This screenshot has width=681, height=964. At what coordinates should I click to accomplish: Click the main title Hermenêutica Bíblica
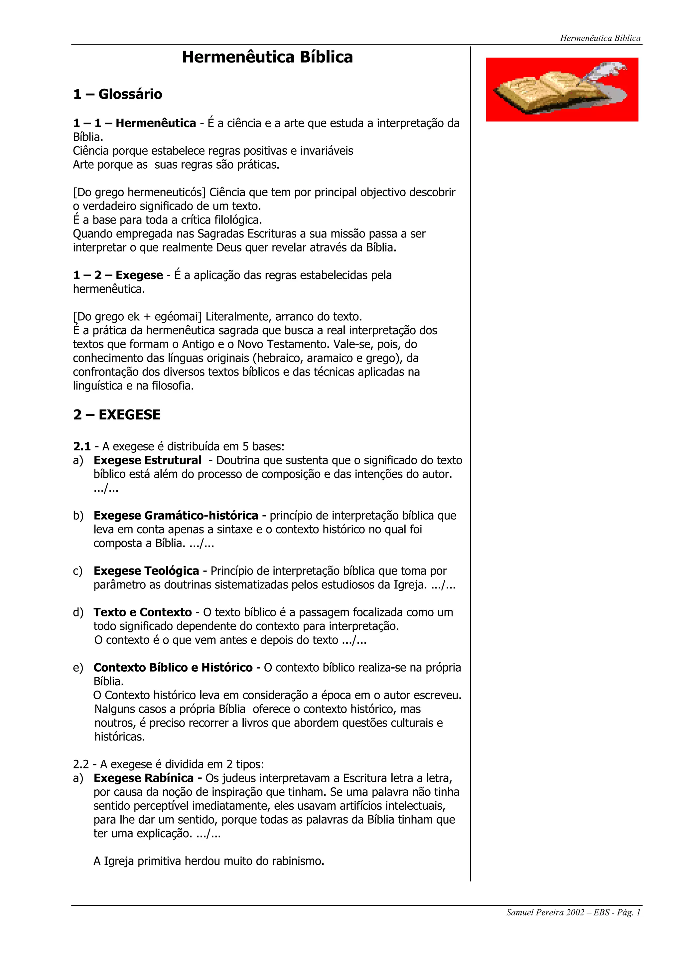coord(267,57)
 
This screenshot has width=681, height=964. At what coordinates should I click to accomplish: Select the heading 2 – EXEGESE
coord(117,415)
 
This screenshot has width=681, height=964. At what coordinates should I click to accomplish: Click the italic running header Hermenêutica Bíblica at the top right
coord(600,38)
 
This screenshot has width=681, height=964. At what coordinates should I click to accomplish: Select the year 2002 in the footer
coord(575,912)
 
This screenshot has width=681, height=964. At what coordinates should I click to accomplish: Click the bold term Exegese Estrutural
coord(147,461)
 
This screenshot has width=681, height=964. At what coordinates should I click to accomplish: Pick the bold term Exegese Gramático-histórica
coord(176,516)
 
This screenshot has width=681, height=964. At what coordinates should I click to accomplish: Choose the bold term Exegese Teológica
coord(146,571)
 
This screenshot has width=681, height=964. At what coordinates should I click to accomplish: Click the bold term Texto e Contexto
coord(142,613)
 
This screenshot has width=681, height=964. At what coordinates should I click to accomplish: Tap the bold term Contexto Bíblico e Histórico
coord(173,668)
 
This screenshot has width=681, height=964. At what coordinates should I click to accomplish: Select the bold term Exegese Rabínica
coord(144,778)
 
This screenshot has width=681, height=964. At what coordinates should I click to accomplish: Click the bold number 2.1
coord(82,446)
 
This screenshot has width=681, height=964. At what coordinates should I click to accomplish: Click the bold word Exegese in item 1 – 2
coord(139,275)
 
